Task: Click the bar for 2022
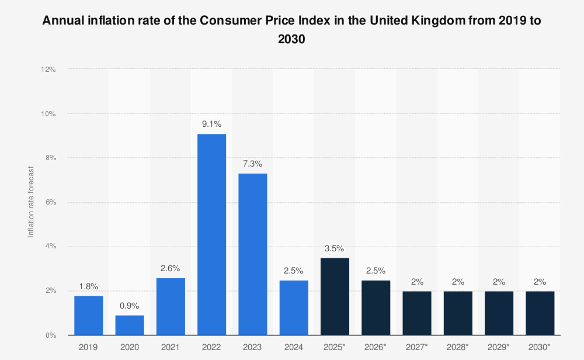[211, 234]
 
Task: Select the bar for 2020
[130, 325]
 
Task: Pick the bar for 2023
[253, 254]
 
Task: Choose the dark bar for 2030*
[540, 313]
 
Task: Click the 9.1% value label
[211, 124]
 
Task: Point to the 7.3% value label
[253, 164]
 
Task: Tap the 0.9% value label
[130, 306]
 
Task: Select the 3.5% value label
[335, 248]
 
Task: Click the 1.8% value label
[88, 286]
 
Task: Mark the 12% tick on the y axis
[48, 69]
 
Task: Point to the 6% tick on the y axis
[50, 202]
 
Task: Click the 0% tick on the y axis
[50, 335]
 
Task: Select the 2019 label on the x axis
[88, 347]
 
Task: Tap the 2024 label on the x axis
[294, 347]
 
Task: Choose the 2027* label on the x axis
[417, 347]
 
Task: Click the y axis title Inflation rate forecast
[32, 202]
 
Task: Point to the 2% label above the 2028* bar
[458, 282]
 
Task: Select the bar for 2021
[171, 306]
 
